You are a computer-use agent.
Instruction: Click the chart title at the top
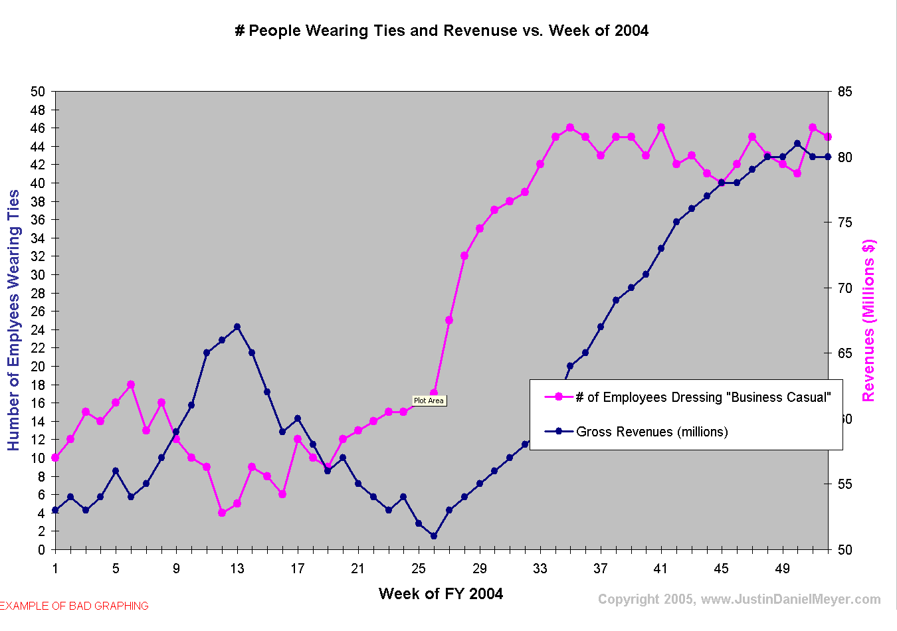(x=441, y=31)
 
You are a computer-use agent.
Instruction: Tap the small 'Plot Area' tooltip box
(x=429, y=401)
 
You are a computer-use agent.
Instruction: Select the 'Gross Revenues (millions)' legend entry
(x=652, y=432)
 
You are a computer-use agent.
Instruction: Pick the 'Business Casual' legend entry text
(x=703, y=397)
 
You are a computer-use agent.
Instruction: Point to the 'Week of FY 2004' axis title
(x=441, y=594)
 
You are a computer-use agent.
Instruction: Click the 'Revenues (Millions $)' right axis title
(x=868, y=320)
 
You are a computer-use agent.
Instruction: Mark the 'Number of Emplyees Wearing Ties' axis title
(x=14, y=320)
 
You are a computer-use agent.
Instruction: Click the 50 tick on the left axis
(x=38, y=92)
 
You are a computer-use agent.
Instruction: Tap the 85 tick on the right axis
(x=845, y=92)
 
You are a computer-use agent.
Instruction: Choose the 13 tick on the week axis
(x=237, y=569)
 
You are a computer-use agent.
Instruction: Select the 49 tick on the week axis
(x=782, y=569)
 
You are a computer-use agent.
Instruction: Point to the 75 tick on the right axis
(x=845, y=223)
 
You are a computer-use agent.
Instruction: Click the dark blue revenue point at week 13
(x=237, y=327)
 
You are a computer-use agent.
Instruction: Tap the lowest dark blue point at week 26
(x=434, y=536)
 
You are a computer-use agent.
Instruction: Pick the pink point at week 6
(x=131, y=385)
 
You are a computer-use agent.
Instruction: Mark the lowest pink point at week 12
(x=222, y=513)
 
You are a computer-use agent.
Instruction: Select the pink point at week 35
(x=570, y=128)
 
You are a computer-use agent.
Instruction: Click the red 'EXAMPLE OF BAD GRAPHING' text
(x=74, y=606)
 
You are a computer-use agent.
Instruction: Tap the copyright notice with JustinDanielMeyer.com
(x=739, y=599)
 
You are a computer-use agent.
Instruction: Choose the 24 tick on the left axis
(x=38, y=329)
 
